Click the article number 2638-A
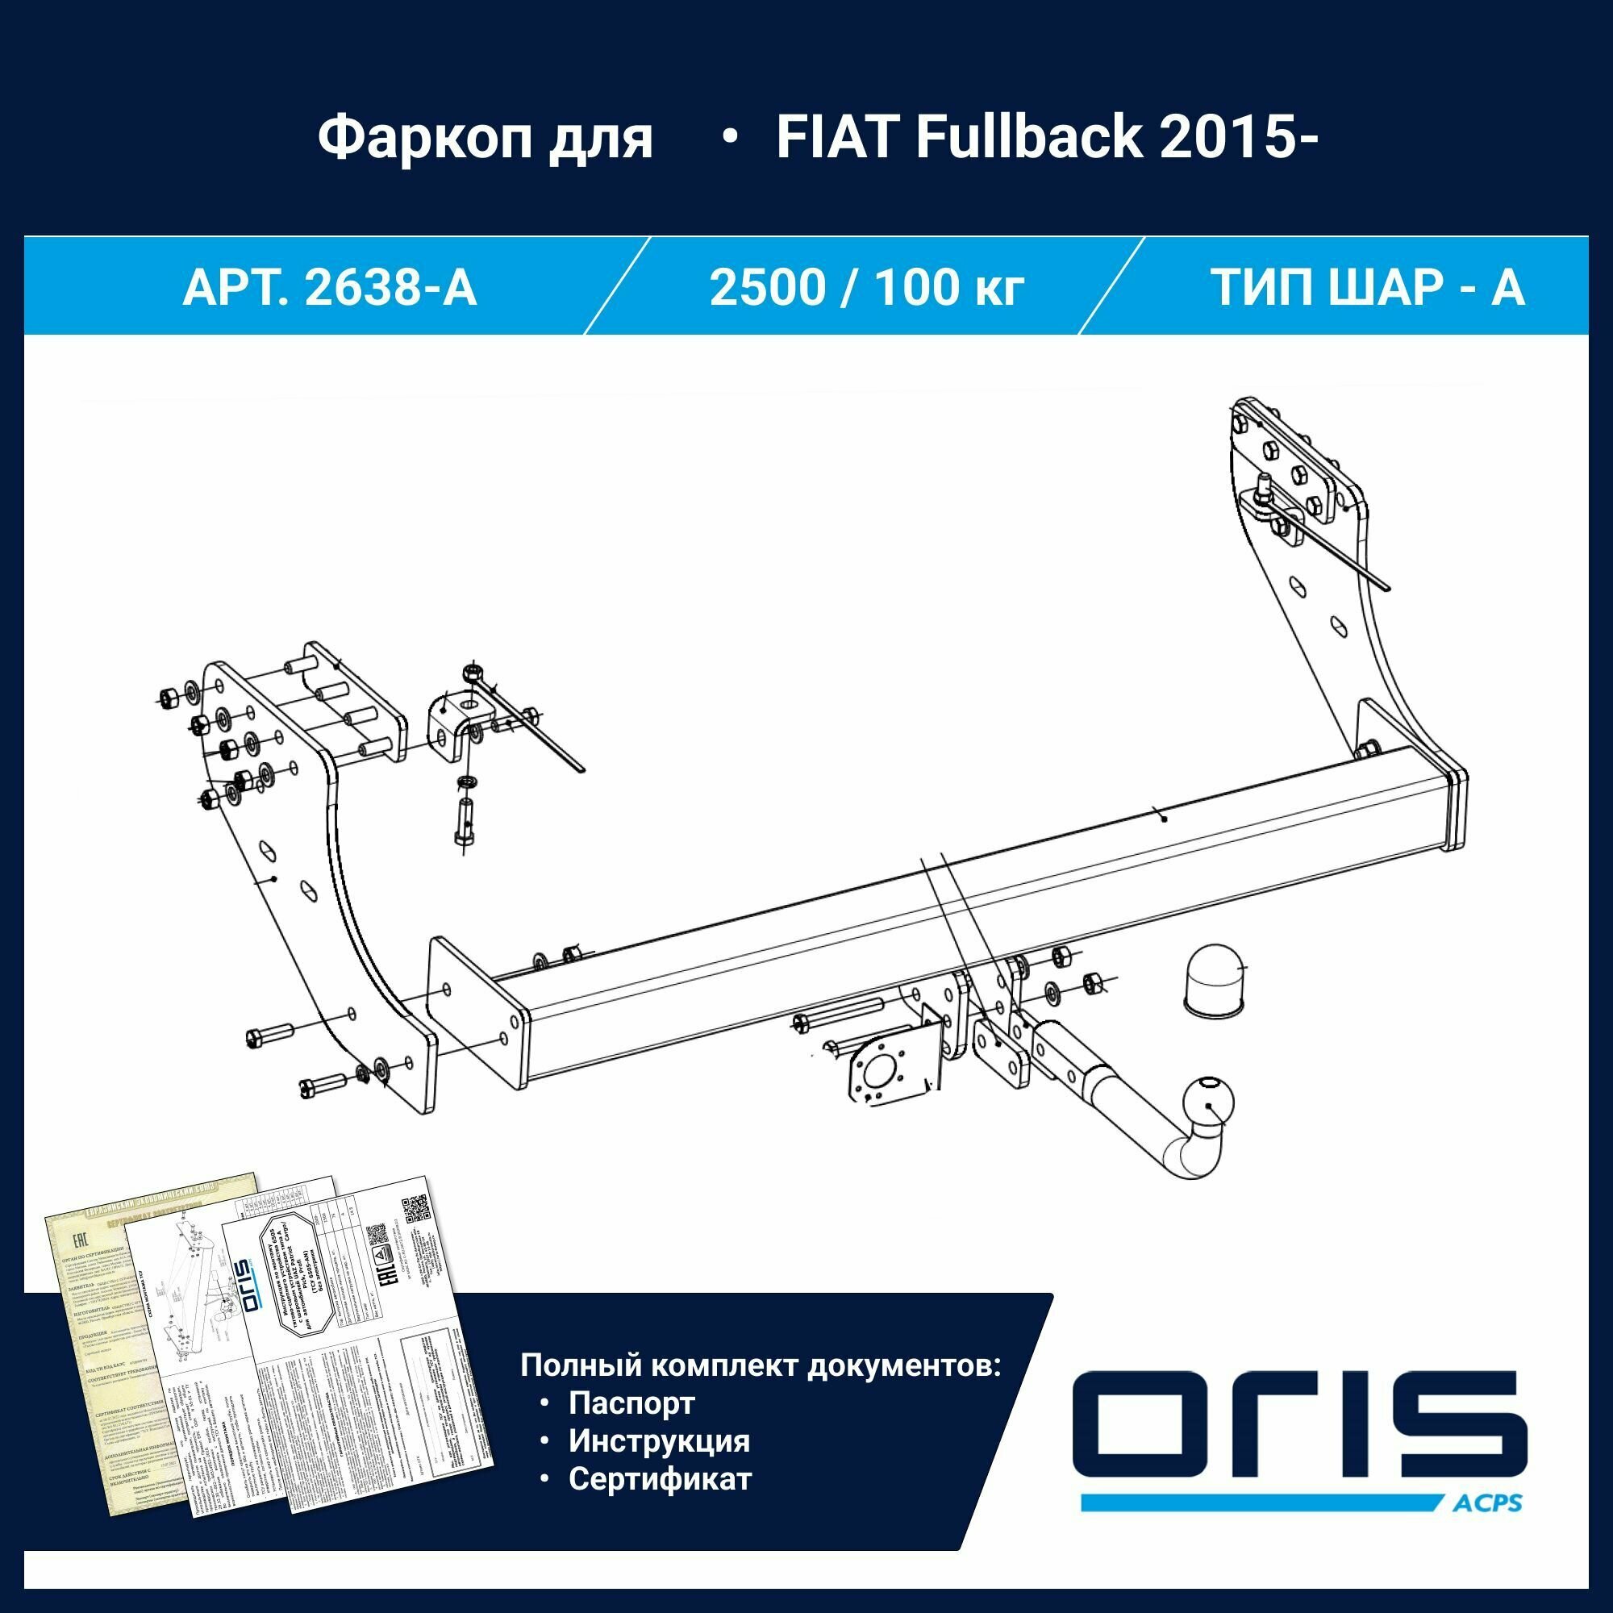click(x=390, y=287)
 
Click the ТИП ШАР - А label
click(x=1368, y=287)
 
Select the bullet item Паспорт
click(x=631, y=1403)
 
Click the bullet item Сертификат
click(x=660, y=1478)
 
